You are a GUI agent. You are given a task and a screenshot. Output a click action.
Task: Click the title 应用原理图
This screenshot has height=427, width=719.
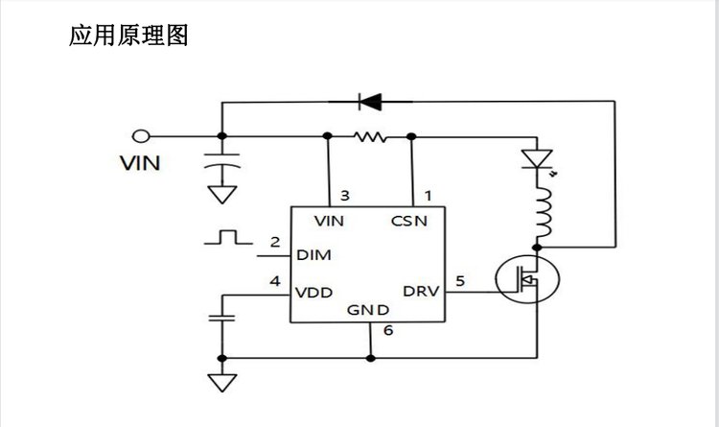click(x=128, y=36)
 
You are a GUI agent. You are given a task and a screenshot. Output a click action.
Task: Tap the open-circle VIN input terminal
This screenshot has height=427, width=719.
click(x=142, y=136)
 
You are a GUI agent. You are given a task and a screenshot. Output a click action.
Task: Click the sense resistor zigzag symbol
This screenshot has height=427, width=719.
click(x=369, y=137)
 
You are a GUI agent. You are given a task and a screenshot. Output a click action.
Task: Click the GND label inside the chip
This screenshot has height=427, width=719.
click(x=368, y=310)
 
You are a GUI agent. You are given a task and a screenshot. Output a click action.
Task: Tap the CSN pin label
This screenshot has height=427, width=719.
click(x=409, y=222)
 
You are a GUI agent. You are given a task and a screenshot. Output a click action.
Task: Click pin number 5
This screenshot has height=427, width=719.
click(x=461, y=281)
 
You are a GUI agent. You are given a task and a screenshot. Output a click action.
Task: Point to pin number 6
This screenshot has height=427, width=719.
click(x=386, y=331)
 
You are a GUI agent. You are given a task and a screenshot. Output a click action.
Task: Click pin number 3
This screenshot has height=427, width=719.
click(x=344, y=196)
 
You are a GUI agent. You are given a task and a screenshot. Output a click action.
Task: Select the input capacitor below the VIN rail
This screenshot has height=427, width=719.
click(x=222, y=165)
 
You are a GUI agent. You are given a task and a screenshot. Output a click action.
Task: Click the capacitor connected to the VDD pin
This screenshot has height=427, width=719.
click(x=222, y=317)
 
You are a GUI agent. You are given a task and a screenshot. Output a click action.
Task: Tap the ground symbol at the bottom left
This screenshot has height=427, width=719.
click(x=222, y=381)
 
